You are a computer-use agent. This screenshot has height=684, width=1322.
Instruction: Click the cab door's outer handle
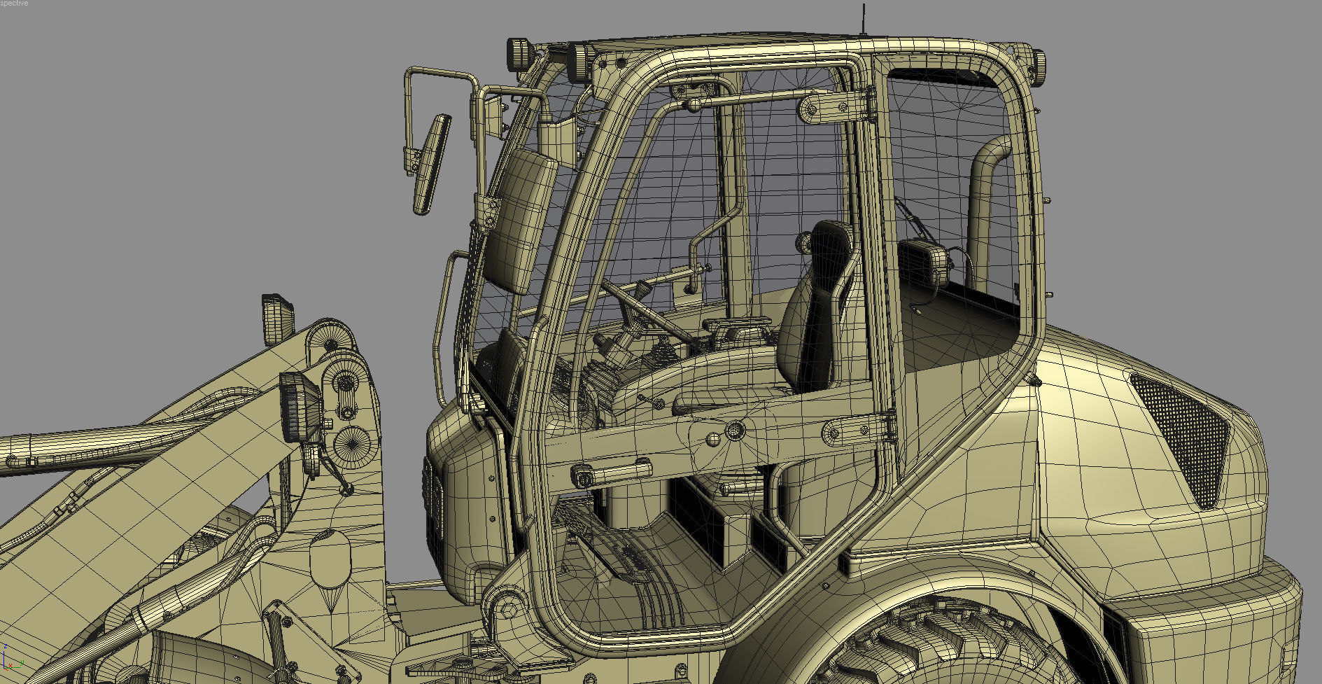(x=612, y=473)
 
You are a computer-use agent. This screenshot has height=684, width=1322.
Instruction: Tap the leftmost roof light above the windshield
(x=519, y=54)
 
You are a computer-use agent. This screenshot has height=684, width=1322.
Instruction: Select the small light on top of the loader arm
(x=278, y=319)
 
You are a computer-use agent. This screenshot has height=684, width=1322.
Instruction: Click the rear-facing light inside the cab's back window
(x=923, y=263)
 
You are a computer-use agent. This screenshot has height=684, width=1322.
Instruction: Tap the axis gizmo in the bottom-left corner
(x=10, y=661)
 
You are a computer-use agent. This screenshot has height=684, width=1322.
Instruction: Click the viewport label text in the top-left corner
(x=14, y=4)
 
